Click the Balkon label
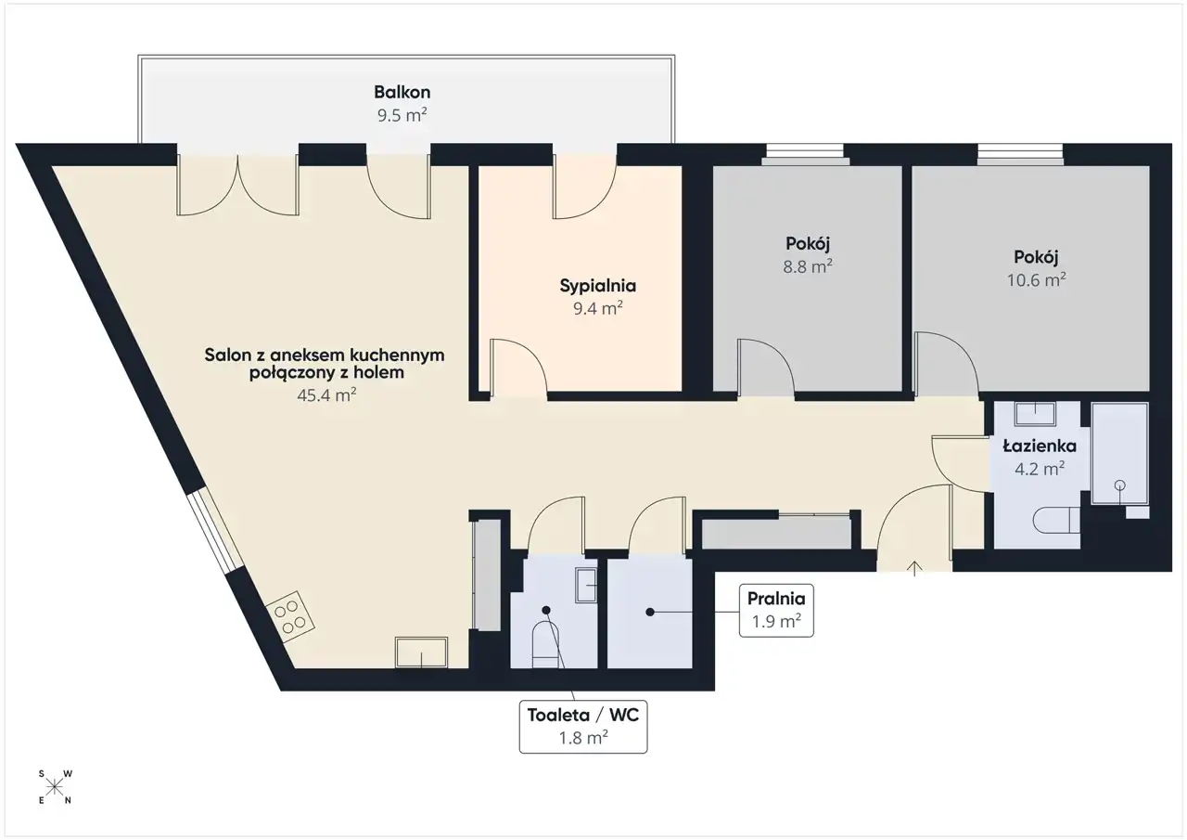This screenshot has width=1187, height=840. (x=402, y=92)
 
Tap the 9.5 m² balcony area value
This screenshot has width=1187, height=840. (x=402, y=115)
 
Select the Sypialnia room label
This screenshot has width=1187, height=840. (x=598, y=287)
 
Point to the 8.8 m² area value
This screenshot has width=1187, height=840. (x=808, y=266)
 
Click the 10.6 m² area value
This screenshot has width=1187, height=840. (x=1036, y=279)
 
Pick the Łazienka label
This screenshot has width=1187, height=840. (x=1040, y=446)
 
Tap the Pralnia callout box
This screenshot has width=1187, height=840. (x=776, y=611)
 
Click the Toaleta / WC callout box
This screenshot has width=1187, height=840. (x=583, y=727)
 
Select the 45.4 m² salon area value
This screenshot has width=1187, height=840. (x=326, y=395)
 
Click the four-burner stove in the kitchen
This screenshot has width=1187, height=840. (x=290, y=616)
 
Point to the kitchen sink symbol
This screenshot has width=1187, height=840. (x=421, y=653)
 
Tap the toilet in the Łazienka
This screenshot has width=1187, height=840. (x=1056, y=520)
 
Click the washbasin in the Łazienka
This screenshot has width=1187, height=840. (x=1035, y=414)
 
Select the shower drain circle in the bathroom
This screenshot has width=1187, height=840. (x=1119, y=485)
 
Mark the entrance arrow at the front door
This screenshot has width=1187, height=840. (x=914, y=568)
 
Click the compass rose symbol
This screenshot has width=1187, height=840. (x=55, y=787)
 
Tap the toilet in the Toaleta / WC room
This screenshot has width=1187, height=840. (x=546, y=644)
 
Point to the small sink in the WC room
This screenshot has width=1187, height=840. (x=586, y=585)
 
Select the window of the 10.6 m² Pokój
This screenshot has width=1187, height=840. (x=1020, y=154)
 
